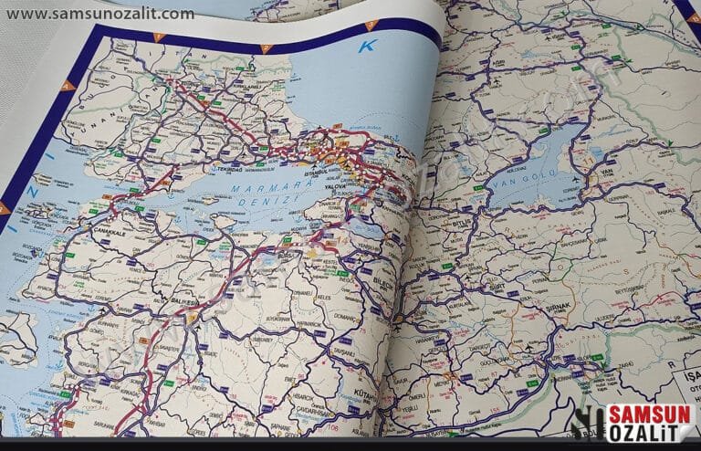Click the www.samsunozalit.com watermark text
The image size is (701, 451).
pyautogui.click(x=99, y=14)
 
